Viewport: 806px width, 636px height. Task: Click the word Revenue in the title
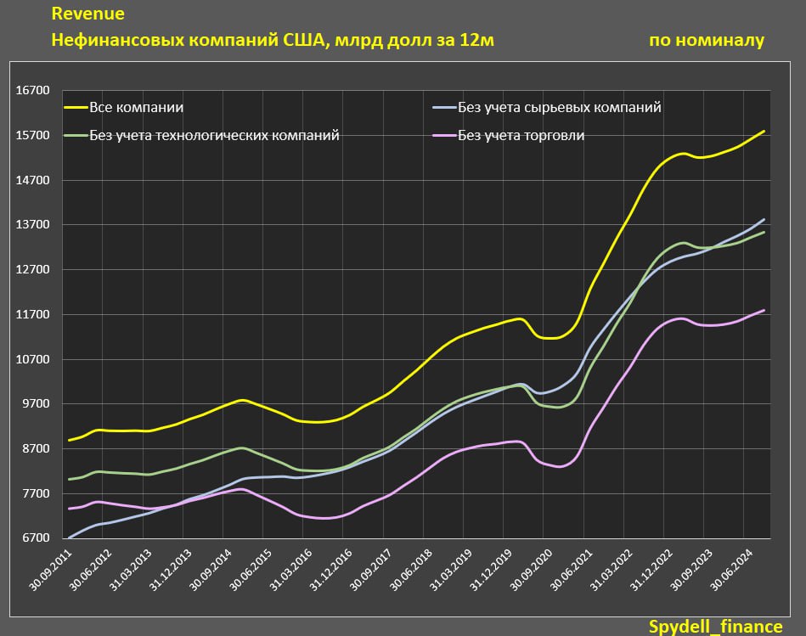click(x=87, y=14)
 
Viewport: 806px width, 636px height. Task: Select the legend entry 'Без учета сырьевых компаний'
click(x=559, y=108)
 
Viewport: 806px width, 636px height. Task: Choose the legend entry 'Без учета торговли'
click(x=521, y=135)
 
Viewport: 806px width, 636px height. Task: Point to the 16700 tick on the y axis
click(x=35, y=91)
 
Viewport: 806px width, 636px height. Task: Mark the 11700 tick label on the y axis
click(x=35, y=314)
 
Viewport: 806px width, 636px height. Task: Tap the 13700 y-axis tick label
click(x=35, y=225)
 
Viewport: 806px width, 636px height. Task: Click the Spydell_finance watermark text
click(x=716, y=626)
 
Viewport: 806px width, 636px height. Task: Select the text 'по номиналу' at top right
click(x=706, y=40)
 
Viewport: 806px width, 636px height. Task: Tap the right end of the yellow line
click(x=764, y=132)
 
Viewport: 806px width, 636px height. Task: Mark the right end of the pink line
click(x=764, y=311)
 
